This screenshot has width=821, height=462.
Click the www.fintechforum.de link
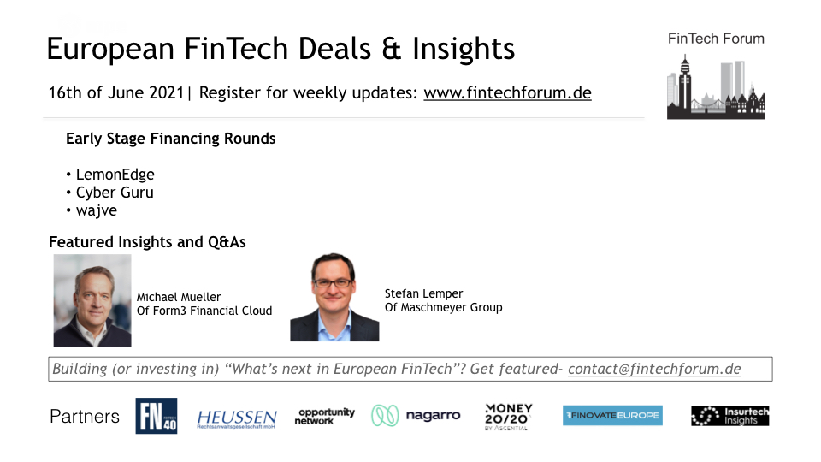point(507,92)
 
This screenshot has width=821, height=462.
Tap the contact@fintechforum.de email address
point(654,369)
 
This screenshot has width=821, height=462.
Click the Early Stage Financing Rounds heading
point(171,139)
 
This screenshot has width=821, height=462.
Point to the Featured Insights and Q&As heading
point(147,242)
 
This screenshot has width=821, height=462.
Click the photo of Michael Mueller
point(92,300)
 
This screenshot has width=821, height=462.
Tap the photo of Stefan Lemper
point(334,297)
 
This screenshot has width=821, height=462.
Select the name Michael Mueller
point(179,297)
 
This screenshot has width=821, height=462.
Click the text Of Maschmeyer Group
point(444,307)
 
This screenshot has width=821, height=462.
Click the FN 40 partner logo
point(156,416)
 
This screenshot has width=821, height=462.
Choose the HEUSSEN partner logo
point(237,418)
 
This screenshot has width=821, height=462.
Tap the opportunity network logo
point(325,417)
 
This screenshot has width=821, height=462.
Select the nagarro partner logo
point(416,416)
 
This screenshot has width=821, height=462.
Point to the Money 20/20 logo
point(508,417)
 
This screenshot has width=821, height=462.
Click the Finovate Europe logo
point(612,416)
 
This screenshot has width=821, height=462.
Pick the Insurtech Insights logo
point(729,416)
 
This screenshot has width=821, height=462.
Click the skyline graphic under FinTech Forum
point(716,86)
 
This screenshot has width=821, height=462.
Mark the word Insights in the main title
point(464,49)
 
